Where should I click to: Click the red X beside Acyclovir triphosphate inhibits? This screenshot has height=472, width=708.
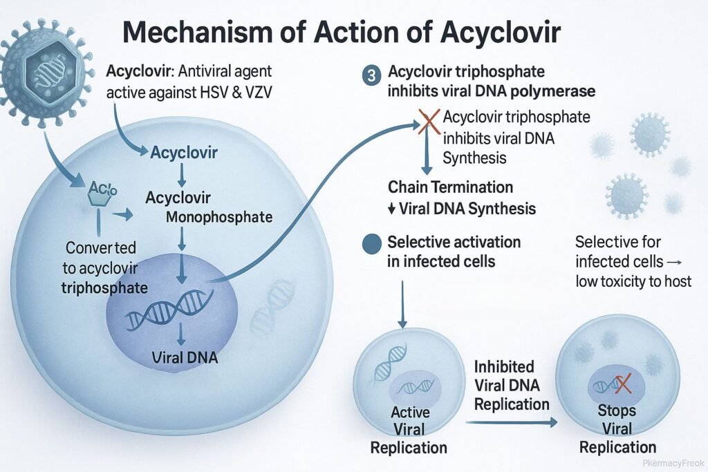coord(429,125)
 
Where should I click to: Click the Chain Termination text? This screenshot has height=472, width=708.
coord(450,187)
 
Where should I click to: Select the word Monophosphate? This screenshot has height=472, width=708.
coord(220,217)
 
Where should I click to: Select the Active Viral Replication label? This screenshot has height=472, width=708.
coord(410,430)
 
